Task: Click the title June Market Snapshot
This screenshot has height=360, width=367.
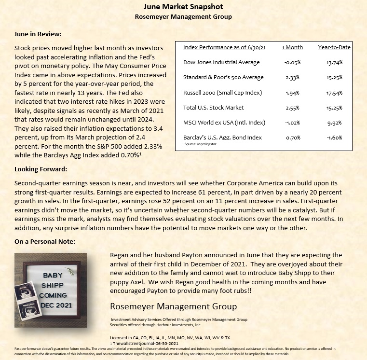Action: pyautogui.click(x=183, y=7)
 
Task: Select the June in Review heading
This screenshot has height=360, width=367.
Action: pyautogui.click(x=38, y=34)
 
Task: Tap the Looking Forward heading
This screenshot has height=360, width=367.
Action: pyautogui.click(x=41, y=169)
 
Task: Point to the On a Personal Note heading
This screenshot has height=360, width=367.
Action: pyautogui.click(x=45, y=241)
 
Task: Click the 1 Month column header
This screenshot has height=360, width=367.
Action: pyautogui.click(x=292, y=47)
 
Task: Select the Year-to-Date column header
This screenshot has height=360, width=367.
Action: pyautogui.click(x=334, y=47)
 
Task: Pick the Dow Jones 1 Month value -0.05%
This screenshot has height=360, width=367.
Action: pyautogui.click(x=292, y=62)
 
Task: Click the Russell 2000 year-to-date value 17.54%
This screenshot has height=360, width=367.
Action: pyautogui.click(x=334, y=92)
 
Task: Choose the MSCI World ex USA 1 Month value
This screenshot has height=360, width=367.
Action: pyautogui.click(x=292, y=122)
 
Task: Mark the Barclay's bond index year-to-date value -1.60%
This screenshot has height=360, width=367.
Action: pyautogui.click(x=334, y=138)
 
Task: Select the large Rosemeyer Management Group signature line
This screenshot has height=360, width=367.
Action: pyautogui.click(x=174, y=306)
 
